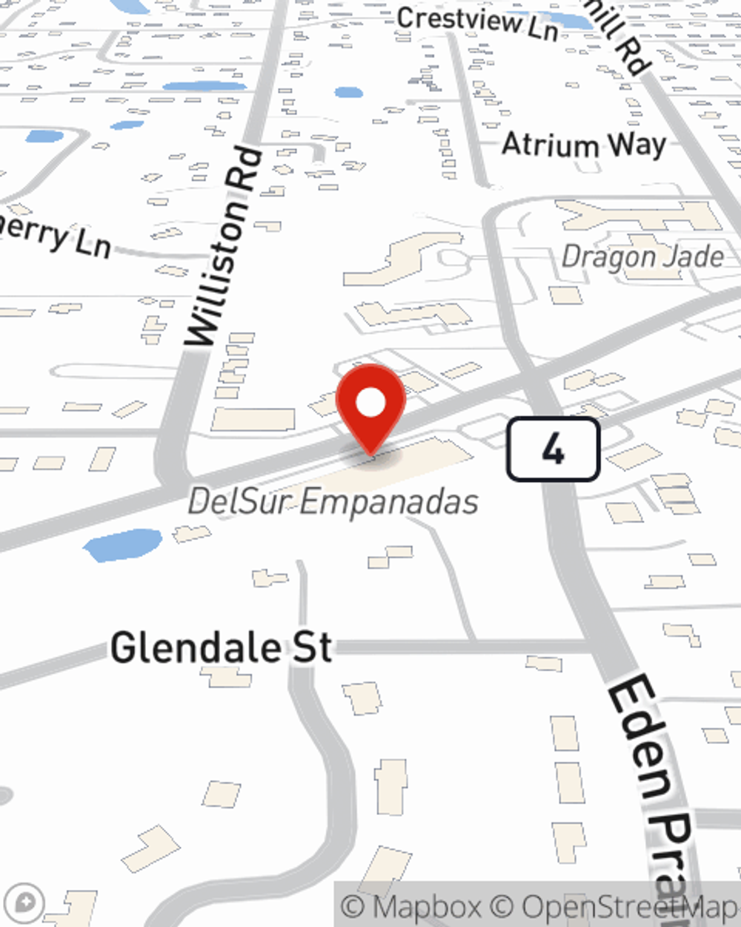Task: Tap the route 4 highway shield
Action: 553,449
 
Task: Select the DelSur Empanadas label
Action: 333,502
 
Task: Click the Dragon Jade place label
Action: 642,257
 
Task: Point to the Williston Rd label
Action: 223,248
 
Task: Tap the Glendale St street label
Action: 222,647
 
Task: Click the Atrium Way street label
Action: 584,144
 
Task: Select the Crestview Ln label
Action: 477,22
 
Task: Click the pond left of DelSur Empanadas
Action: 122,545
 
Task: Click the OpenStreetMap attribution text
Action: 626,907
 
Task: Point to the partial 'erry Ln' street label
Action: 56,237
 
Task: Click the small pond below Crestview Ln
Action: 348,93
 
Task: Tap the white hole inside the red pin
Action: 370,403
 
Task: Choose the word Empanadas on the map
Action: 390,502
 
